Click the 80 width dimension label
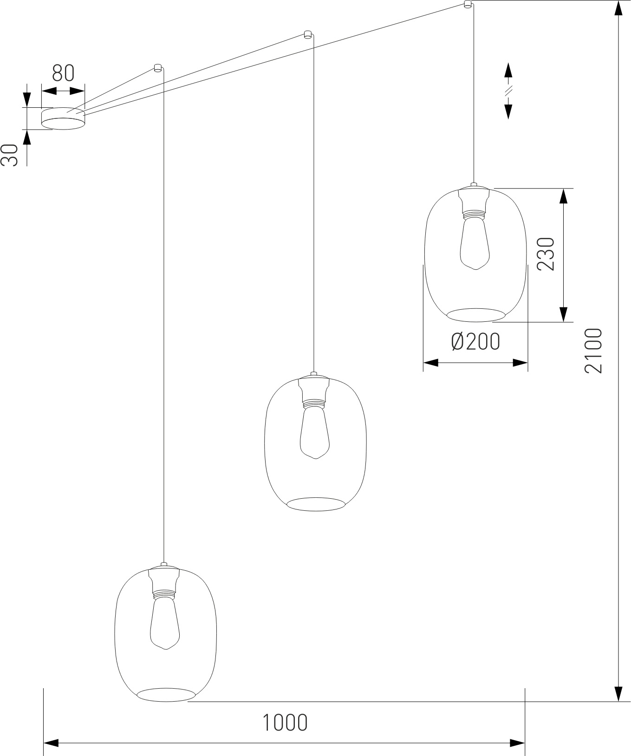click(63, 73)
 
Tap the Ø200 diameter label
click(476, 342)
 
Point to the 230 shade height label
click(546, 254)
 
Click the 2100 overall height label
click(593, 351)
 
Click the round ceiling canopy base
click(63, 119)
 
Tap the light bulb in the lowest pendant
click(165, 623)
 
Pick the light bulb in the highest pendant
click(475, 242)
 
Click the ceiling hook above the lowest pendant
click(157, 68)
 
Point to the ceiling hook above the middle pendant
click(307, 34)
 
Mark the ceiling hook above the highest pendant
click(468, 4)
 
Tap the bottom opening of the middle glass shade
click(316, 504)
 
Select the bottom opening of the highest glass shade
click(476, 314)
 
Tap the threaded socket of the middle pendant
click(315, 403)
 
